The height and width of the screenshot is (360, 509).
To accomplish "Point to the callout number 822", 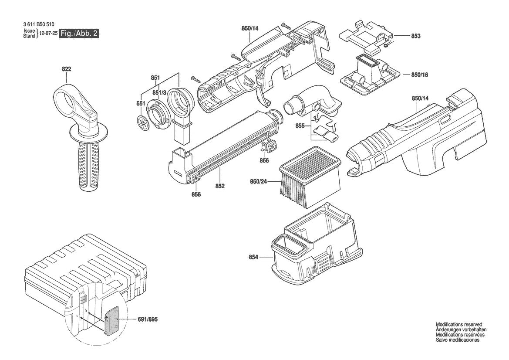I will pos(66,69).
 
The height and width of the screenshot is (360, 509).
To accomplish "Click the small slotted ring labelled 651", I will pos(142,122).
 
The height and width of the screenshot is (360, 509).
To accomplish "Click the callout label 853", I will pos(416,36).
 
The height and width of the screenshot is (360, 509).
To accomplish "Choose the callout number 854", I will pos(253,258).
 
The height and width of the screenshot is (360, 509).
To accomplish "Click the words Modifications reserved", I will pos(459,324).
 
